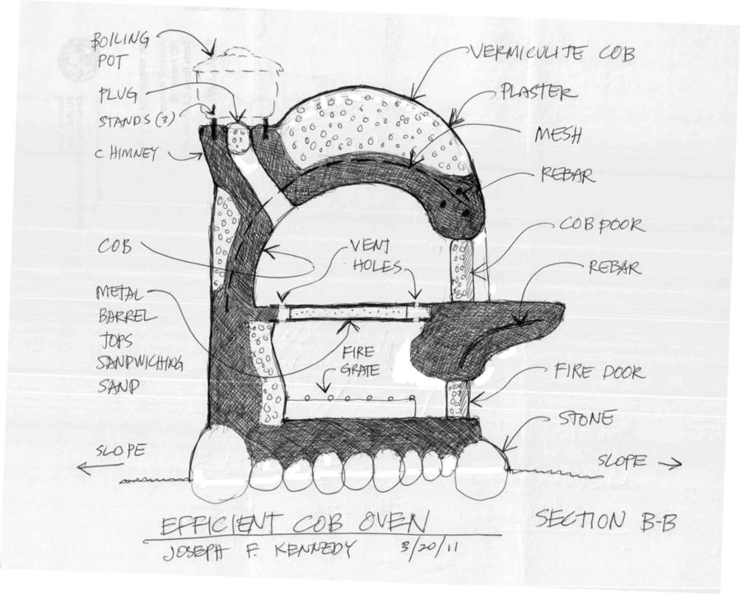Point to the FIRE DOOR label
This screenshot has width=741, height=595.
pyautogui.click(x=599, y=373)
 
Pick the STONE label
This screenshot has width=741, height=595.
pyautogui.click(x=586, y=420)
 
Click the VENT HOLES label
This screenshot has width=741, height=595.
pyautogui.click(x=375, y=256)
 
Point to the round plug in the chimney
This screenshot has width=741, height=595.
pyautogui.click(x=239, y=140)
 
